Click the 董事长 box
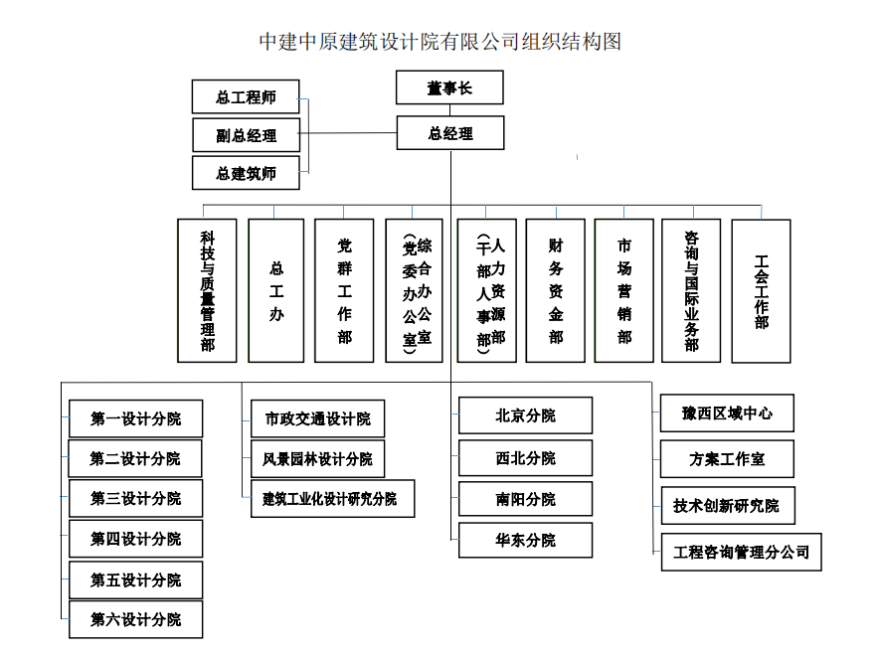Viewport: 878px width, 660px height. click(449, 87)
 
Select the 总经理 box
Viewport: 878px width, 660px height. click(449, 133)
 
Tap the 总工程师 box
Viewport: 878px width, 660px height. click(246, 97)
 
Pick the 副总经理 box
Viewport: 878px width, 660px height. click(246, 135)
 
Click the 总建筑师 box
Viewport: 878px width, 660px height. click(246, 173)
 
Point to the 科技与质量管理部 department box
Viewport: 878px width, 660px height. click(207, 290)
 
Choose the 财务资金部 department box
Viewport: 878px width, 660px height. click(555, 290)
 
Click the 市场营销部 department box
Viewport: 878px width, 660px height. click(623, 290)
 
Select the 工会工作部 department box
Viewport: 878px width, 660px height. click(761, 290)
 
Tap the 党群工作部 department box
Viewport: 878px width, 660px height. click(344, 290)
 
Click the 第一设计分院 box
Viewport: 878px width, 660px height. click(135, 418)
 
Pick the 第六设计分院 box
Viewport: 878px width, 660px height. click(135, 619)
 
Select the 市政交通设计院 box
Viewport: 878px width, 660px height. click(317, 418)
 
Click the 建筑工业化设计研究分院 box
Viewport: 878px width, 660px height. click(332, 498)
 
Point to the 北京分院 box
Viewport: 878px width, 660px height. click(525, 415)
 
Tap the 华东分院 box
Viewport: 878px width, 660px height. click(525, 540)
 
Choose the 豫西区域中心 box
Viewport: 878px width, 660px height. click(727, 412)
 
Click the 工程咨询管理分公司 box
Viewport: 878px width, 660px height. click(741, 552)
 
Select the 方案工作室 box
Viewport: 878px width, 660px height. click(727, 459)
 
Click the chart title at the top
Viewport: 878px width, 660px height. click(439, 42)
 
